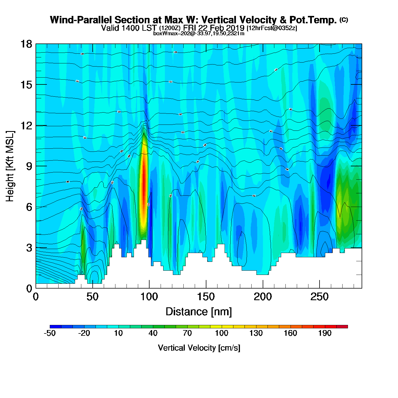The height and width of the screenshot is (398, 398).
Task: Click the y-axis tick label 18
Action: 26,44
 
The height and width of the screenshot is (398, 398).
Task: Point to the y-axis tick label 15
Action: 26,85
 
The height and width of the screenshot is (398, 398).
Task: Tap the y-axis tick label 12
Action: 26,125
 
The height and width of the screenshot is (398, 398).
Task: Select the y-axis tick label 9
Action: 29,166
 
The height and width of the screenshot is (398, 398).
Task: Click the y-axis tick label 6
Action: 29,207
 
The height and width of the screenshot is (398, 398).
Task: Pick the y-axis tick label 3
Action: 29,248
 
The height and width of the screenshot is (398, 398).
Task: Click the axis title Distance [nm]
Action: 199,312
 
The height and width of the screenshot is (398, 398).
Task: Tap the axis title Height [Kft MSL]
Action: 10,166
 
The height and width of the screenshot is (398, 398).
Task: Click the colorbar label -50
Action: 50,333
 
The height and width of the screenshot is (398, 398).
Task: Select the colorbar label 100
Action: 221,333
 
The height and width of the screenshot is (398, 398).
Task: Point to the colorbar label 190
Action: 325,333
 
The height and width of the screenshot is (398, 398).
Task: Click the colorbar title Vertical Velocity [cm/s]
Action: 199,348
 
